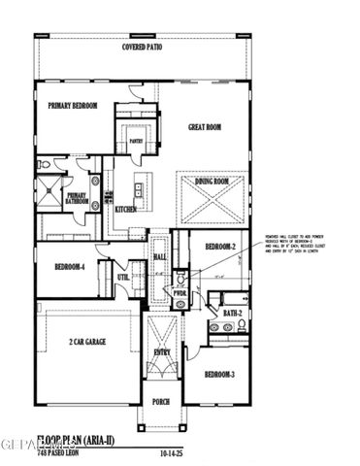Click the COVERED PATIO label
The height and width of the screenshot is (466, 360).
[x=141, y=48]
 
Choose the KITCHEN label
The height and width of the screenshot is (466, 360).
[x=126, y=209]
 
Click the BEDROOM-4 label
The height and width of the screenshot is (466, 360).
[x=69, y=267]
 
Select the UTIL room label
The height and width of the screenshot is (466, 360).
[x=123, y=278]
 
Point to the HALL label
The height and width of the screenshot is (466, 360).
[x=161, y=256]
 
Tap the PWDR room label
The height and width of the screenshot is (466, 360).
[x=180, y=291]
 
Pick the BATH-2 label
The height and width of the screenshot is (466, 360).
[x=231, y=313]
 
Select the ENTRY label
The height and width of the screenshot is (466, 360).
[x=161, y=352]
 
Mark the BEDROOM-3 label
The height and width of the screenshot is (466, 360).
[x=220, y=374]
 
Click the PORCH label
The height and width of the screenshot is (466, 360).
[x=160, y=400]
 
